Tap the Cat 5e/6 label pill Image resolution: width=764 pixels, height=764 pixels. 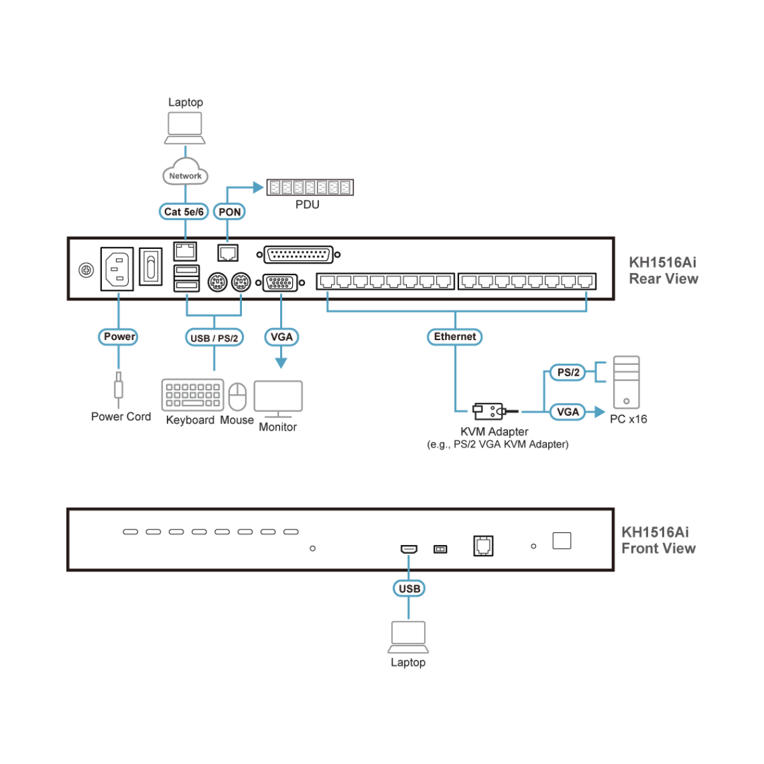click(x=184, y=211)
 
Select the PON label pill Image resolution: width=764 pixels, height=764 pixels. click(x=229, y=211)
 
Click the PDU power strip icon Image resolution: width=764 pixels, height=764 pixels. click(x=309, y=187)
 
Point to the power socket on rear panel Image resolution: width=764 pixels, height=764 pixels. click(x=117, y=269)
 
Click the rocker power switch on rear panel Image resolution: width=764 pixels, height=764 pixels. click(x=150, y=266)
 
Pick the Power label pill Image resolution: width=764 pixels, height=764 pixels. click(x=118, y=336)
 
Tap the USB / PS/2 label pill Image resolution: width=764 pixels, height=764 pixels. click(x=214, y=337)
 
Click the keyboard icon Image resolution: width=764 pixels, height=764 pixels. click(x=192, y=395)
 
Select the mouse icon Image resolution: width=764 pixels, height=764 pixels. click(x=237, y=397)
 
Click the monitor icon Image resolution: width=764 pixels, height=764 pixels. click(x=278, y=399)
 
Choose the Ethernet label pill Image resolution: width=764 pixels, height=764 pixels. click(x=455, y=336)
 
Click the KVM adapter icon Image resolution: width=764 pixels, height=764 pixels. click(x=490, y=411)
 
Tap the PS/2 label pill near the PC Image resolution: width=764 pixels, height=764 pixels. click(x=568, y=372)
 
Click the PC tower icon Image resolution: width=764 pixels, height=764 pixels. click(x=626, y=382)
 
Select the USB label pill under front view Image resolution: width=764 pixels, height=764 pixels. click(x=409, y=588)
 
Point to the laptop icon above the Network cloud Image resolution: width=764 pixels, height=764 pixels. click(x=185, y=127)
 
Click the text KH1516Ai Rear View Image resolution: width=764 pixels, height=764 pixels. click(x=663, y=271)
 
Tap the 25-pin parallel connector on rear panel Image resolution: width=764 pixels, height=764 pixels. click(x=298, y=255)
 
